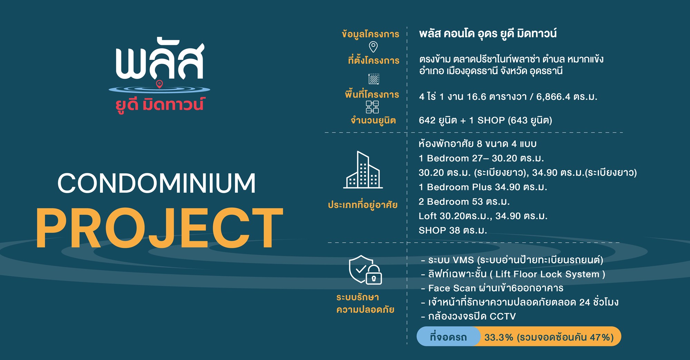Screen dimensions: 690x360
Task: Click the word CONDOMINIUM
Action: [x=157, y=183]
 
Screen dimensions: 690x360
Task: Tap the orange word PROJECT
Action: [x=159, y=228]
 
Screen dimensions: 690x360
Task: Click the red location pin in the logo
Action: [x=159, y=84]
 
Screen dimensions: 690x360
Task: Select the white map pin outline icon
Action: [x=373, y=47]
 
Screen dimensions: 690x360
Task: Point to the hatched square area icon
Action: [x=374, y=79]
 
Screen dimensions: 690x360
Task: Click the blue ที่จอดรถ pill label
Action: [x=448, y=337]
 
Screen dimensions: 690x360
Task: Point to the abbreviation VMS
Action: [x=463, y=260]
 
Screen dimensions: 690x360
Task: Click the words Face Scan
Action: [x=452, y=288]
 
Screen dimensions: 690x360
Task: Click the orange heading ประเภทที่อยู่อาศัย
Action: [x=363, y=205]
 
